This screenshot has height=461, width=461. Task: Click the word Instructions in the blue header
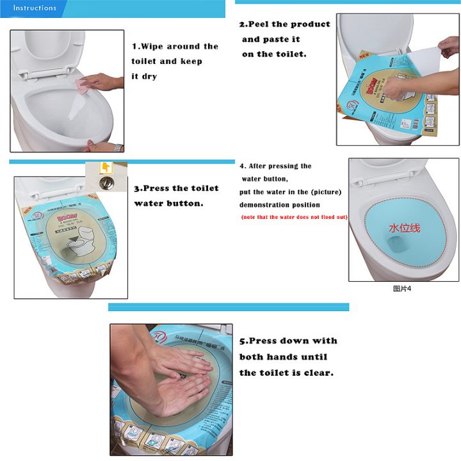point(35,8)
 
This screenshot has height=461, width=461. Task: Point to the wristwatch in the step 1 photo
point(117,147)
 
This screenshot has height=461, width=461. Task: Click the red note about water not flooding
point(294,217)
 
